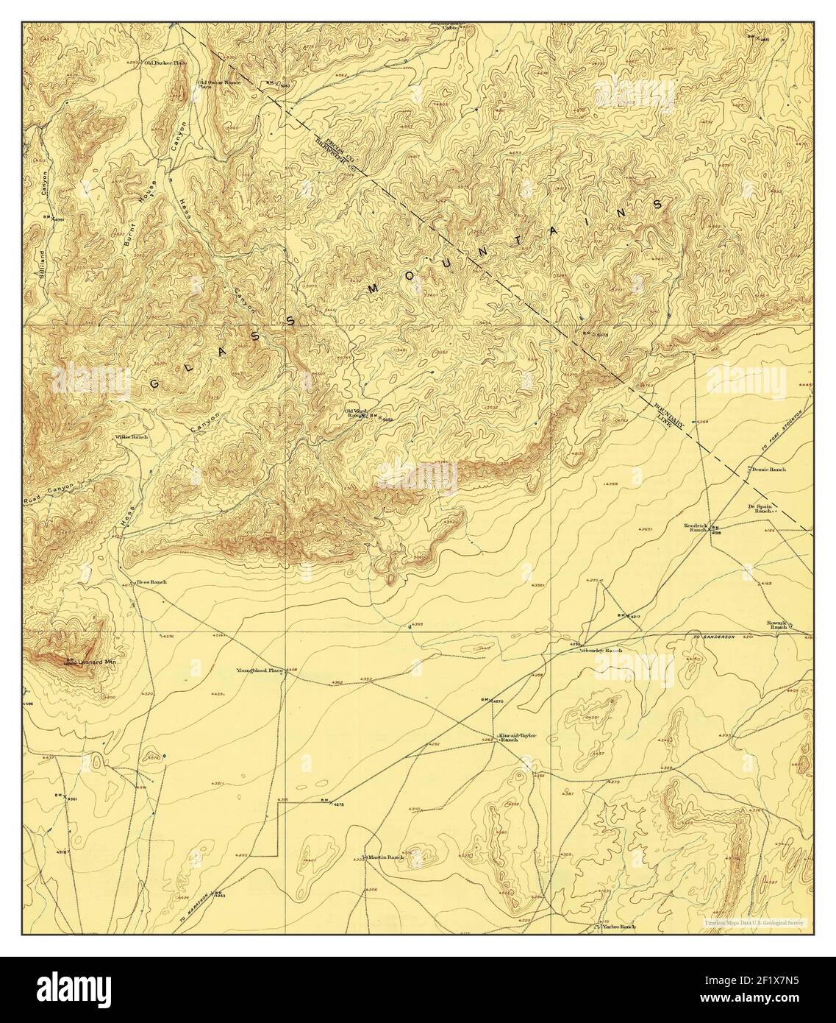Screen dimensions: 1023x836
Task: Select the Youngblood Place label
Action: tap(259, 670)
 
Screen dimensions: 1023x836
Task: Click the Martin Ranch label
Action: tap(386, 857)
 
